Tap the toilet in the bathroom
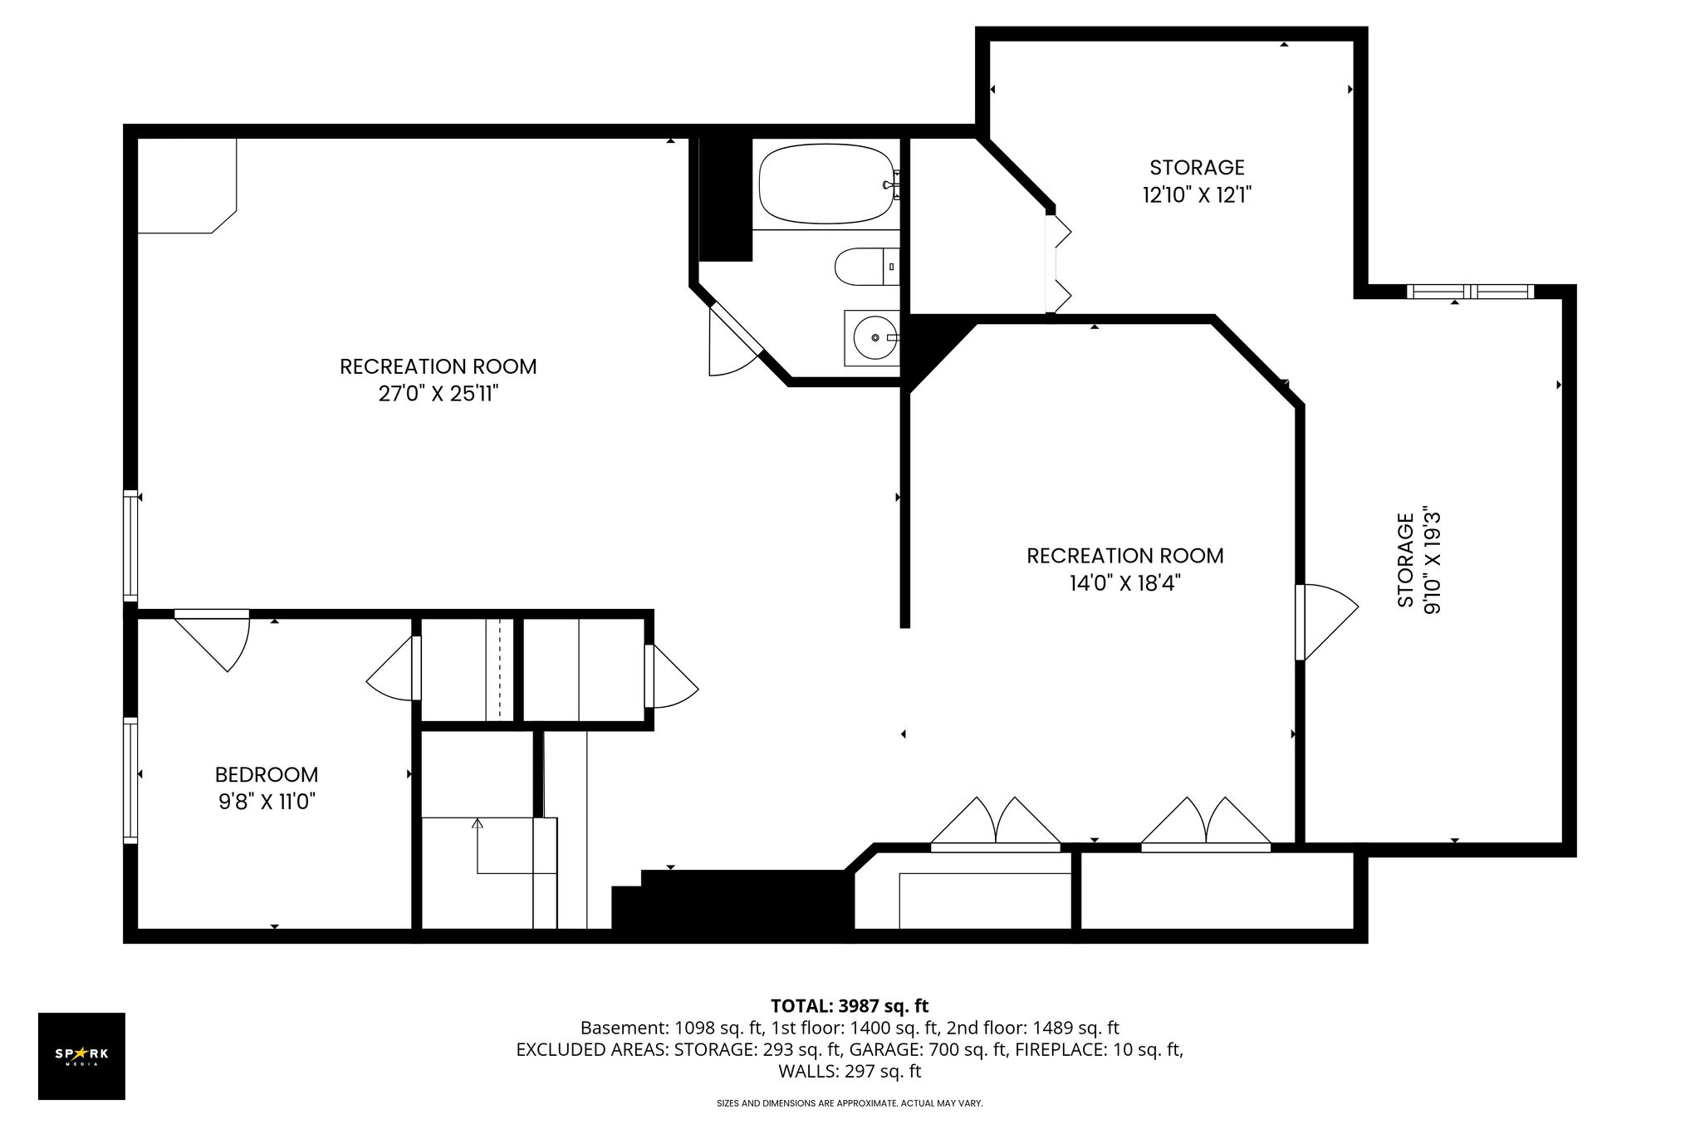866,267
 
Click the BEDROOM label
267,775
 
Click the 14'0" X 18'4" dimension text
1125,583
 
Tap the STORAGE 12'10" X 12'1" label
1197,181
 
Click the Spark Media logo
81,1056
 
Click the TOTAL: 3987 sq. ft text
850,1006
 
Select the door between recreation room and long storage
1326,622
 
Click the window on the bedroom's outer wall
130,780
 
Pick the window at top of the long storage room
1471,292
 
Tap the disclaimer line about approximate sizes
850,1103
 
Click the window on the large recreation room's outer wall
130,546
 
